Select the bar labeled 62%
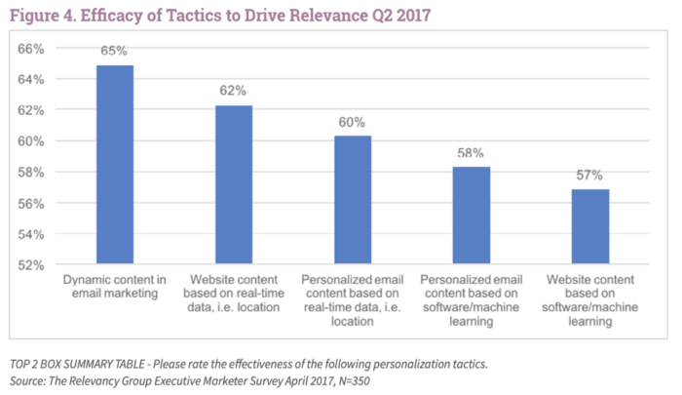click(233, 184)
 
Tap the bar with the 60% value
click(352, 200)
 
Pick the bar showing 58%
click(471, 216)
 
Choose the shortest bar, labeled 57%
click(589, 226)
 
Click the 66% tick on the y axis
click(34, 48)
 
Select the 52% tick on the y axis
click(34, 265)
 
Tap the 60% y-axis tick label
click(34, 141)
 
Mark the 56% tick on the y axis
click(34, 203)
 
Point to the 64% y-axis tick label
click(34, 79)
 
